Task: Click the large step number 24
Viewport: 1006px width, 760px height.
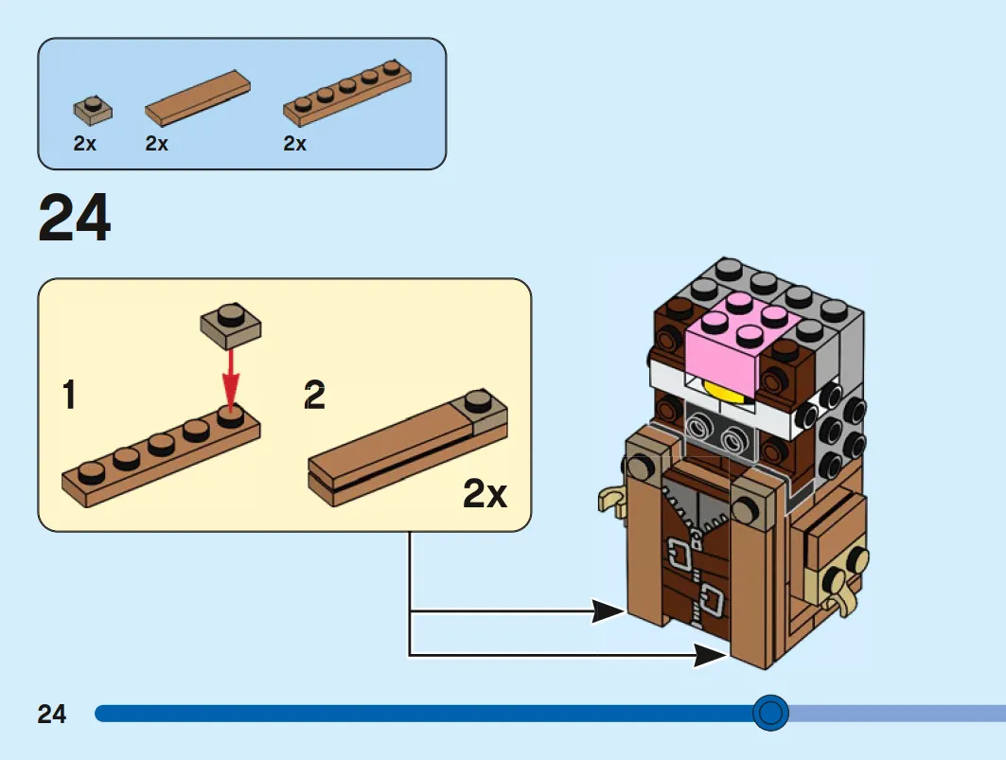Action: point(75,218)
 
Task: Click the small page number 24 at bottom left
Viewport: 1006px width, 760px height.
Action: point(52,714)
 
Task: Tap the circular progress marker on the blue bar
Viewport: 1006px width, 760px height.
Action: point(770,713)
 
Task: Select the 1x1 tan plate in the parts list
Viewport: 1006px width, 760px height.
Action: point(93,111)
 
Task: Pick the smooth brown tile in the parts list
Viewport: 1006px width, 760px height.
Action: point(198,97)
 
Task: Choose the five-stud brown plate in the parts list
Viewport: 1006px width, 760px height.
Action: point(347,93)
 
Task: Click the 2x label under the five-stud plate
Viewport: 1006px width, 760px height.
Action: point(294,143)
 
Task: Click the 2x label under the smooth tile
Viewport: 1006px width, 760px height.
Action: point(156,143)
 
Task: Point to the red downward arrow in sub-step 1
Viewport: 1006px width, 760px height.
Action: point(230,378)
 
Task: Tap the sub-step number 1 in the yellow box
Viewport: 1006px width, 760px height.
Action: point(69,394)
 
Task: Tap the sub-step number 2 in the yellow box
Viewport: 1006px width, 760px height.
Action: point(314,394)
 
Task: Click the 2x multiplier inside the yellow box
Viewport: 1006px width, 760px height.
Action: point(485,494)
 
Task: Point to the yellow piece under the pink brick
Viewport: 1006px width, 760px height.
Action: point(725,390)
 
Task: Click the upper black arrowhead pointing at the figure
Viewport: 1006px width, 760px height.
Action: point(608,611)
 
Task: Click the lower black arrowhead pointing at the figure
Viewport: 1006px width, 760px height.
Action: point(711,655)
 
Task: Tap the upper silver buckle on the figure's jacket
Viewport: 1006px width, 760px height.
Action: point(680,552)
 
